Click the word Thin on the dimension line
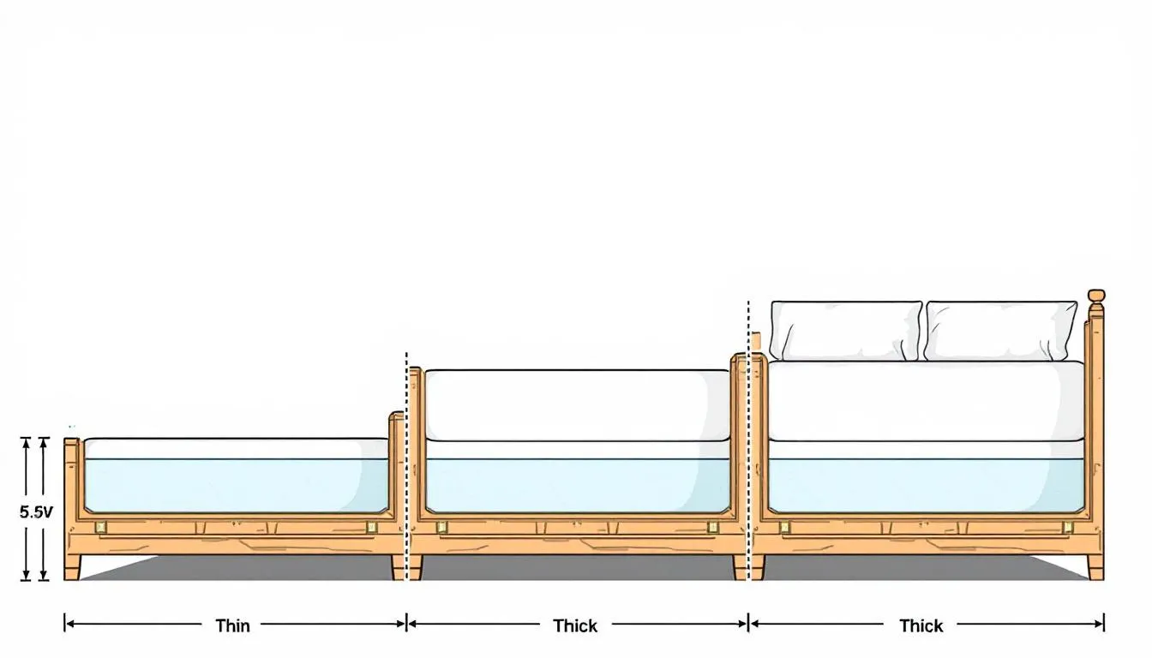[232, 625]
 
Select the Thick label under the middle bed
[575, 625]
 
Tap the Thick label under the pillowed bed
[921, 625]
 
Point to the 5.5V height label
[36, 512]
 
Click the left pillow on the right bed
[845, 330]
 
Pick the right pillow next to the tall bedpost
[1000, 330]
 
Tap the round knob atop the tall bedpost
[1095, 296]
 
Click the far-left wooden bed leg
[72, 567]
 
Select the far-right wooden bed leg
[1095, 567]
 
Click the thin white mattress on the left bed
[236, 448]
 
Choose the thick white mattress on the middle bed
[577, 405]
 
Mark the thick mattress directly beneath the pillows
[926, 400]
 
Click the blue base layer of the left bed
[236, 485]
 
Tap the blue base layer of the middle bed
[577, 485]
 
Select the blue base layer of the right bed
[926, 485]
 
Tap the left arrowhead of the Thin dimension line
[69, 625]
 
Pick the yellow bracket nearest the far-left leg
[101, 527]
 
